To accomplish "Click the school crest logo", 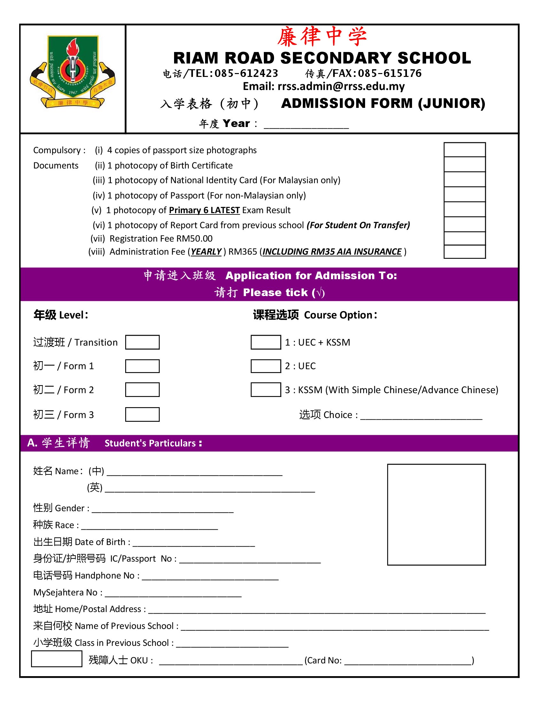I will (x=73, y=72).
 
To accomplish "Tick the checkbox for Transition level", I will (x=142, y=342).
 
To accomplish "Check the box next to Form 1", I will (x=142, y=366).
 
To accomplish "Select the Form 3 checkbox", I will (x=142, y=414).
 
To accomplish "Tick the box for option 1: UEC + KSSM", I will (x=266, y=342).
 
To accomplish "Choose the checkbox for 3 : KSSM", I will (x=266, y=390).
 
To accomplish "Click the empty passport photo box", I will (x=436, y=515).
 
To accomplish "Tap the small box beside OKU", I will (x=57, y=659).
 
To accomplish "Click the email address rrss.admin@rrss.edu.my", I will (x=341, y=86).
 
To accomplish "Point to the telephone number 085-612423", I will (x=246, y=74).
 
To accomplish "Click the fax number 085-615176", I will (x=390, y=74).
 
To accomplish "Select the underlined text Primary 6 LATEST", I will (x=204, y=210).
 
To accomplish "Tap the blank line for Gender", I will (x=163, y=510).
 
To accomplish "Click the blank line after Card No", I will (x=408, y=661).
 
